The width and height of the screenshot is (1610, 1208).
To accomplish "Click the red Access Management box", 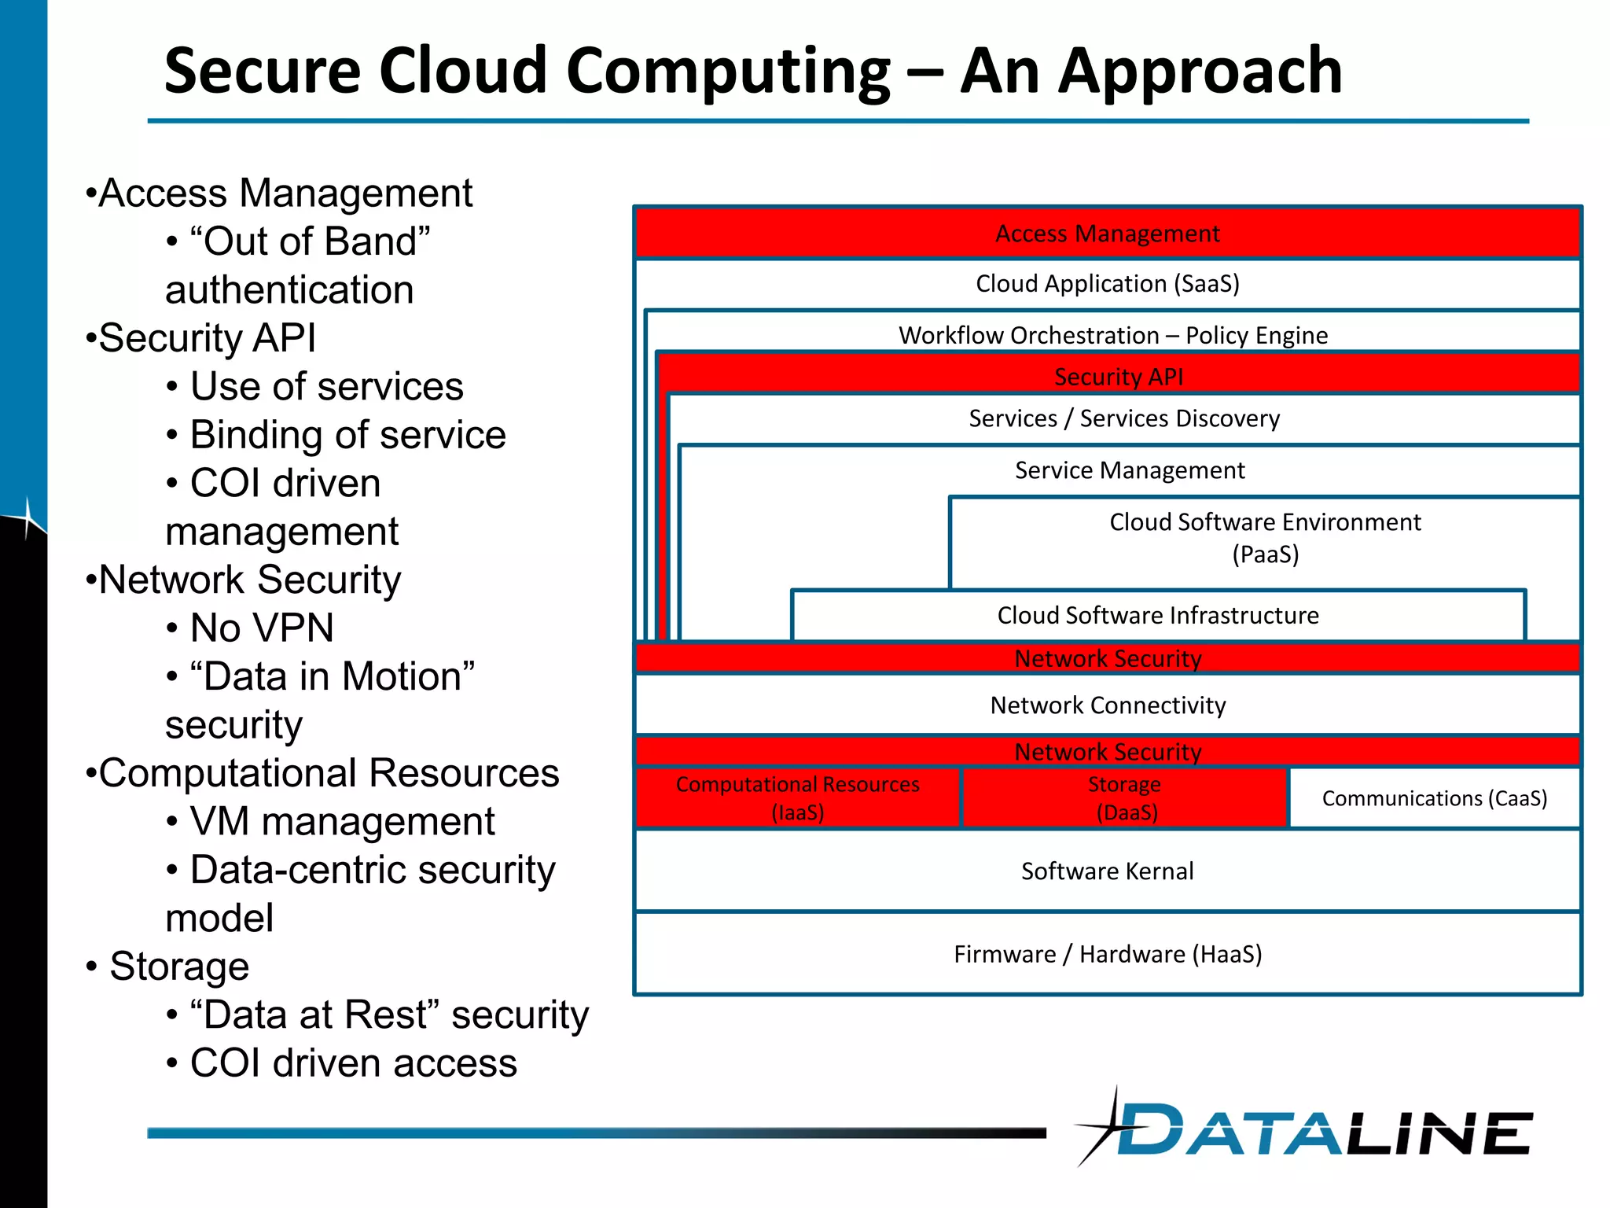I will tap(1107, 234).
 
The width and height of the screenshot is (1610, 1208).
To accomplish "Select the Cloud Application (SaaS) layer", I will tap(1107, 284).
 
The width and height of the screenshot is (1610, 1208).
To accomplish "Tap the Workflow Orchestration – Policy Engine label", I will tap(1113, 335).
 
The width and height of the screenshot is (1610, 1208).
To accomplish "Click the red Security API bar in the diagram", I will tap(1118, 377).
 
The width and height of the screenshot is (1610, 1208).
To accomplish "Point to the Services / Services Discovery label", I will tap(1124, 418).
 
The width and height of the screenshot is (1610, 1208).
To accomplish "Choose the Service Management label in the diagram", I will tap(1130, 470).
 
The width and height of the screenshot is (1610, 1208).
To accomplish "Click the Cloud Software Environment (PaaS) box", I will tap(1264, 539).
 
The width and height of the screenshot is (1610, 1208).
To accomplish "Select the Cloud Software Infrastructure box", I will tap(1157, 615).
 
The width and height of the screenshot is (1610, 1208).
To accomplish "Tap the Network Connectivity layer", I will tap(1107, 705).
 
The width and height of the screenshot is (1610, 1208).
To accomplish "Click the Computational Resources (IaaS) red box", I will tap(797, 798).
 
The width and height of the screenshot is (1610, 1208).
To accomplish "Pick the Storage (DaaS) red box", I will tap(1124, 798).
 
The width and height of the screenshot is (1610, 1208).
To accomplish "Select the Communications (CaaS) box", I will tap(1434, 798).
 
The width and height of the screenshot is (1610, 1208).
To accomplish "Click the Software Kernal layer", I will tap(1107, 871).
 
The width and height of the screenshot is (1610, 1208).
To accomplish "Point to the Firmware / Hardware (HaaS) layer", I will tap(1107, 954).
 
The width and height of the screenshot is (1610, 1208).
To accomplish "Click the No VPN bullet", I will tap(262, 628).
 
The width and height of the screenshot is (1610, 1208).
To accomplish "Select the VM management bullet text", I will tap(342, 822).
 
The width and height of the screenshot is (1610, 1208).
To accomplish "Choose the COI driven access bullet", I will tap(353, 1063).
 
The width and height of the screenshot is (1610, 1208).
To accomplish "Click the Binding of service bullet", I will tap(347, 435).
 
